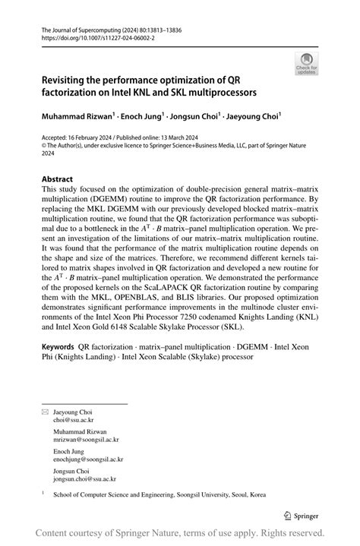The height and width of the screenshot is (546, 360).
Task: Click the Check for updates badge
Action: (306, 64)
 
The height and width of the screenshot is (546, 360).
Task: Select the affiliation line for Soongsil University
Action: (159, 494)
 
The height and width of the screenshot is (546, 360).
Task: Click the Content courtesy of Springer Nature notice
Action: (180, 533)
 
